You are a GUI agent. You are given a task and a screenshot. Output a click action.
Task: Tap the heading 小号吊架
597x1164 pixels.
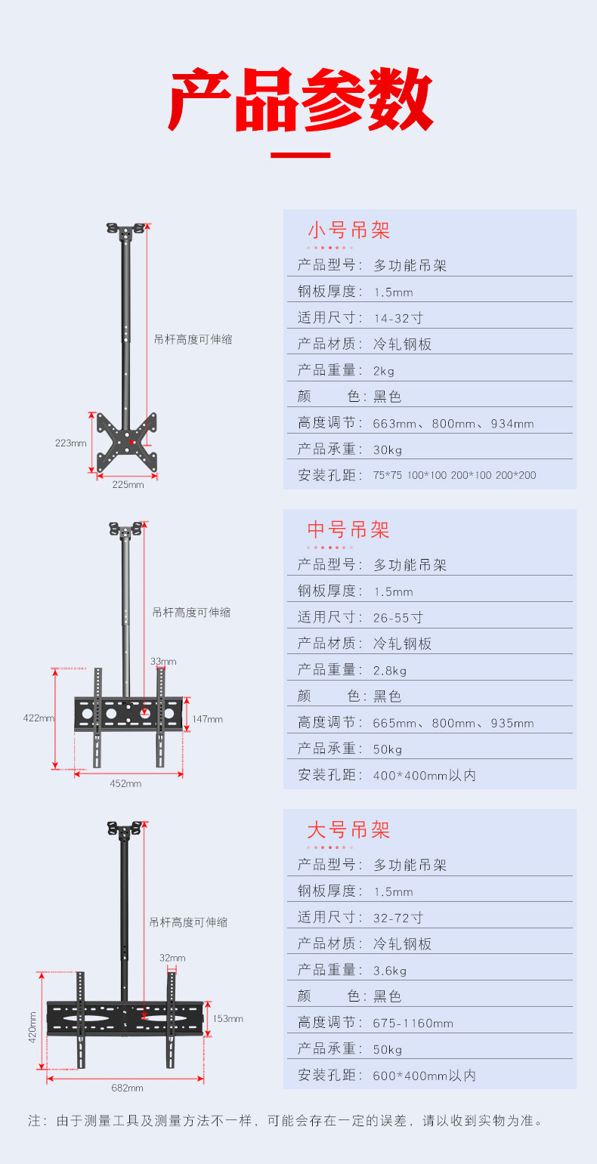(x=348, y=230)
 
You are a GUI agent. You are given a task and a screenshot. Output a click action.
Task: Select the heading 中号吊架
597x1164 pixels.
(x=348, y=530)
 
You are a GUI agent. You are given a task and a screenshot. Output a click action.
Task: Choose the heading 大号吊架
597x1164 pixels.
(x=348, y=830)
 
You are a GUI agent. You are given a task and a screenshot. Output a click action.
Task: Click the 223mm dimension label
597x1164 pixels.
(x=71, y=443)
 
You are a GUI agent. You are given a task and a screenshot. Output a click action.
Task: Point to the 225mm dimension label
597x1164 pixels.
(x=127, y=484)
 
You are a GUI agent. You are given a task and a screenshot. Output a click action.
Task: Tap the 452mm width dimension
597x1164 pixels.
(x=125, y=783)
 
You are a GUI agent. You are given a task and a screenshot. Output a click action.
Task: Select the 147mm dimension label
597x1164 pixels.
(x=207, y=719)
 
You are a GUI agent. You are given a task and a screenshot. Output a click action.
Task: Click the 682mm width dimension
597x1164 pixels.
(x=127, y=1088)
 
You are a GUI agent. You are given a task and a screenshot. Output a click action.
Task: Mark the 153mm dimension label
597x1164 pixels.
(x=227, y=1018)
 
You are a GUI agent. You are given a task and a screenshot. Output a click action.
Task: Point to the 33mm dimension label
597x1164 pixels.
(x=163, y=662)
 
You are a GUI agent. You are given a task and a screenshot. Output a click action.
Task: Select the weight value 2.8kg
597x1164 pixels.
(x=390, y=670)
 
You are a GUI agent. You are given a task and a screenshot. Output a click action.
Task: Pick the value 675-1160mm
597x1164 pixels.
(x=413, y=1023)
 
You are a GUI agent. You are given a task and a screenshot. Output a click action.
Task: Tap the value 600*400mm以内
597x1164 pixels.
(x=424, y=1075)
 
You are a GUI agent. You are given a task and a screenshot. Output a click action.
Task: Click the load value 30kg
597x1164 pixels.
(x=388, y=449)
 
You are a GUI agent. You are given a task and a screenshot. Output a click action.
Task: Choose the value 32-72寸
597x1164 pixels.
(x=397, y=918)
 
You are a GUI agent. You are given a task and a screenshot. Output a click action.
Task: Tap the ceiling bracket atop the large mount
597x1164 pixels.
(x=124, y=829)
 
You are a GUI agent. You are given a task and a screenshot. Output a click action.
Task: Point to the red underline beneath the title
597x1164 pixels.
(x=300, y=156)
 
